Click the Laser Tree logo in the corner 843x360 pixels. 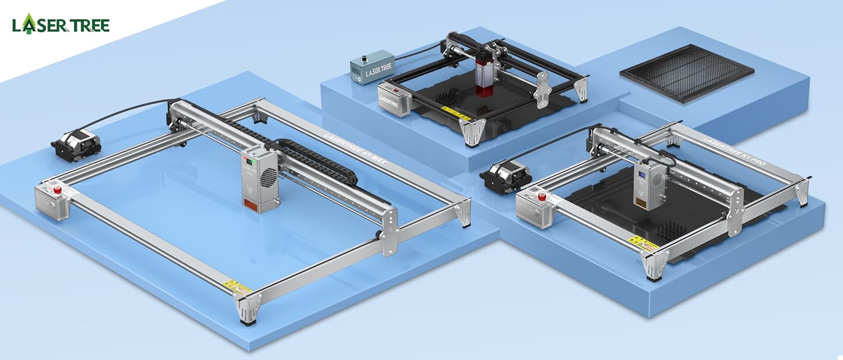coord(60,24)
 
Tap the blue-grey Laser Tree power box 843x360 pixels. coord(371,67)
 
